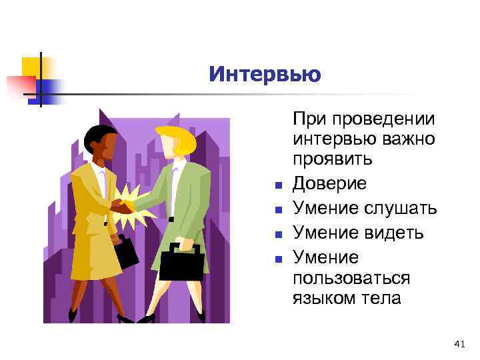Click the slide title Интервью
point(264,73)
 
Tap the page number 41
point(459,343)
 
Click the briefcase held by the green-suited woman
point(180,262)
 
